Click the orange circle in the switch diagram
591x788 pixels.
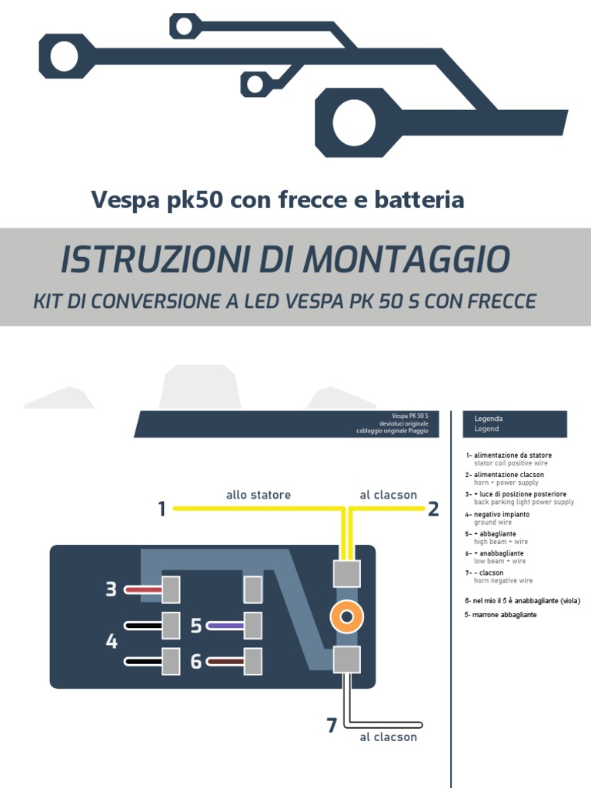click(346, 616)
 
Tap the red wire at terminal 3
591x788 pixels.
click(143, 590)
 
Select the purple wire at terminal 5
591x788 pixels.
click(225, 626)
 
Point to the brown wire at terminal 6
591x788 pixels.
click(225, 661)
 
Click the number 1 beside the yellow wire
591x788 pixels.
click(162, 509)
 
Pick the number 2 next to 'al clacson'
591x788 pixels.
click(433, 509)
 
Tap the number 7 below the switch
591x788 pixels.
click(332, 725)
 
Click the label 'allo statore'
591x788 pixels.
click(259, 495)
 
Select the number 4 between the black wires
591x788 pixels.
click(112, 641)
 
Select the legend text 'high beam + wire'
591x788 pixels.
click(501, 542)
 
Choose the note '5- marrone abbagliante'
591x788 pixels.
click(501, 615)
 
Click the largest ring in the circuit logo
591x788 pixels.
click(354, 123)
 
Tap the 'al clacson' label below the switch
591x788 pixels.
click(388, 737)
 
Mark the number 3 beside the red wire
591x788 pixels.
click(111, 590)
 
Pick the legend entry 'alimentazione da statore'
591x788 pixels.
click(513, 456)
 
